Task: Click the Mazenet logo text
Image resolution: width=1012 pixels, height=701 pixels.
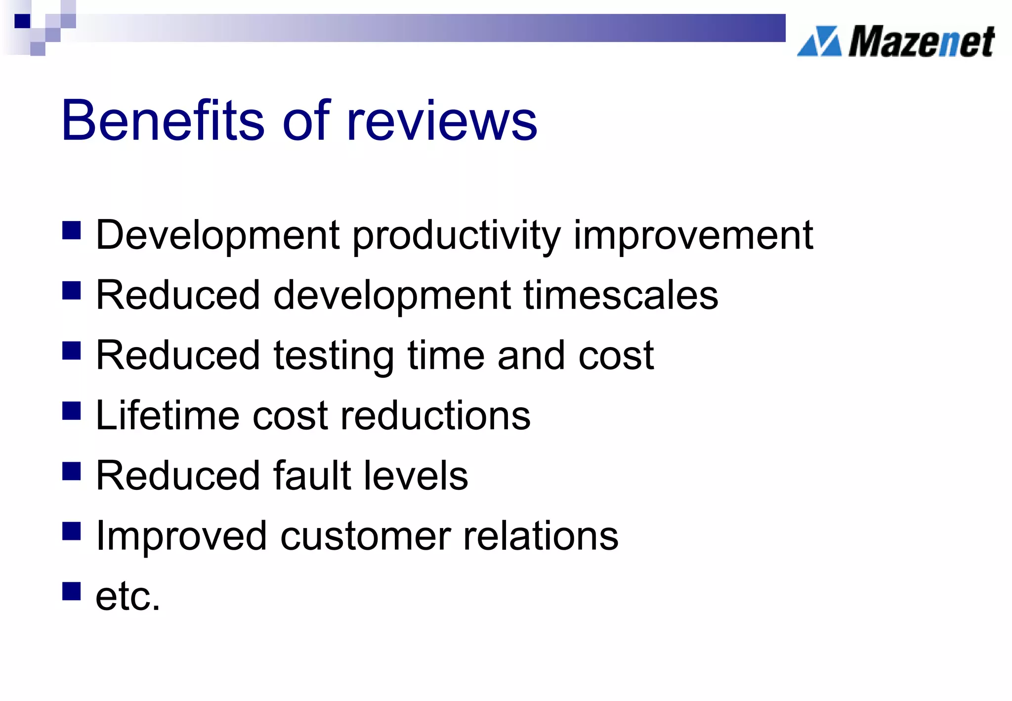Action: pyautogui.click(x=921, y=42)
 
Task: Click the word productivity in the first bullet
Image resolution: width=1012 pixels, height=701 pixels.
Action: pyautogui.click(x=457, y=236)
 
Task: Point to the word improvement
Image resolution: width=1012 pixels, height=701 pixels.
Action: pyautogui.click(x=693, y=236)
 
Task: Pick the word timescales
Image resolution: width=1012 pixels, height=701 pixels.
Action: pyautogui.click(x=621, y=296)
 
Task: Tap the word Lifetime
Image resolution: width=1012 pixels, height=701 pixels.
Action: pyautogui.click(x=168, y=415)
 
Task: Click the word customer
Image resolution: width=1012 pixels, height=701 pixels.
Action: pyautogui.click(x=365, y=536)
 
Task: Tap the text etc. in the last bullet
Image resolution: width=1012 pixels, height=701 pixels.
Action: pyautogui.click(x=128, y=597)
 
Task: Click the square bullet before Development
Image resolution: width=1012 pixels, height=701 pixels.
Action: pyautogui.click(x=72, y=230)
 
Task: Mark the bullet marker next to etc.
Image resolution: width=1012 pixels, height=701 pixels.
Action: pyautogui.click(x=72, y=591)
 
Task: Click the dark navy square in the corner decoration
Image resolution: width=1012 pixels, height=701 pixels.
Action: pyautogui.click(x=22, y=21)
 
